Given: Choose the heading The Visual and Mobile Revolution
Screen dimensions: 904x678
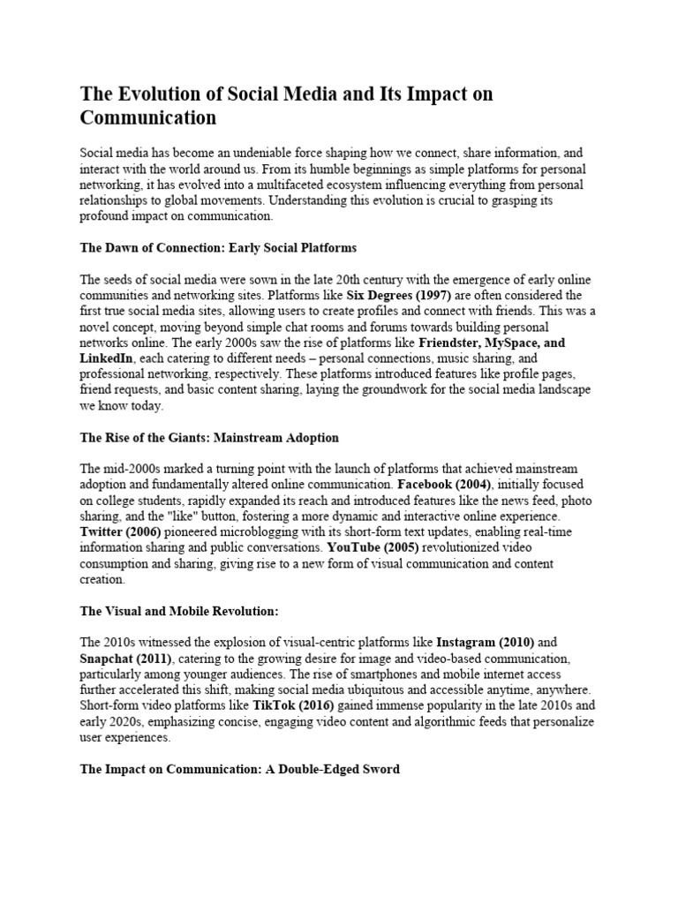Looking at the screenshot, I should pos(179,611).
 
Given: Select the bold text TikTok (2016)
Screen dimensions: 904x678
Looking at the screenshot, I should pos(300,705).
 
